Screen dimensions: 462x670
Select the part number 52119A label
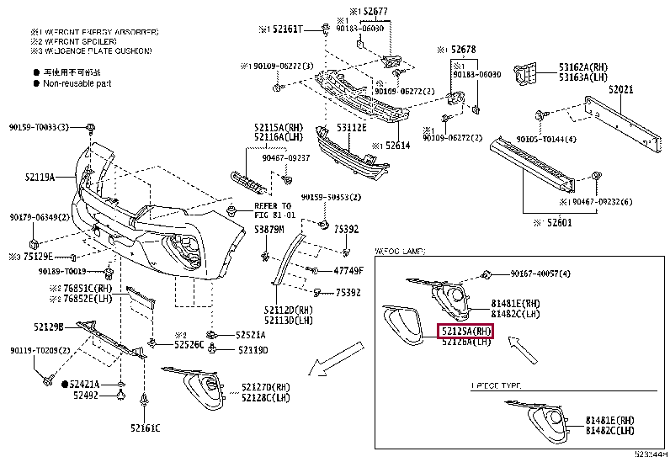tap(39, 177)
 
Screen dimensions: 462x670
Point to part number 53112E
tap(351, 128)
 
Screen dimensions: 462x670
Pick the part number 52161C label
tap(144, 428)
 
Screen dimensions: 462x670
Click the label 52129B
tap(48, 326)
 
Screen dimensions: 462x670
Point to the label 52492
tap(86, 394)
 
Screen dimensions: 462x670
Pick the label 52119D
tap(252, 349)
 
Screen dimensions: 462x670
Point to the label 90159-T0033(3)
tap(40, 127)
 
